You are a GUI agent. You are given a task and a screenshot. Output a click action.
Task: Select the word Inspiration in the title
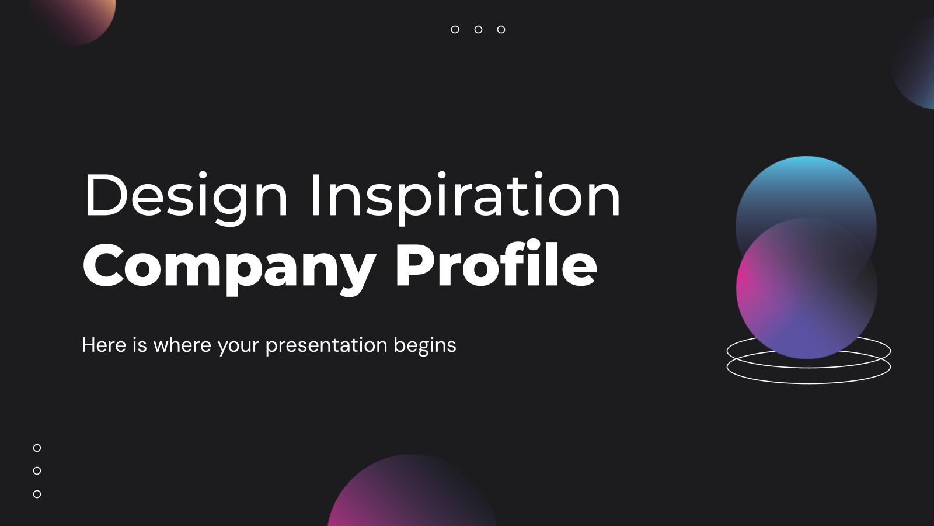tap(464, 197)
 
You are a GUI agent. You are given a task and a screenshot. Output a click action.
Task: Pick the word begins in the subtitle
tap(425, 345)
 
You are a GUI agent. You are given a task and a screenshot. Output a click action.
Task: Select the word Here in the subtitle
tap(104, 345)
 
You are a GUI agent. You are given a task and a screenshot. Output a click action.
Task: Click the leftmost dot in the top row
tap(455, 29)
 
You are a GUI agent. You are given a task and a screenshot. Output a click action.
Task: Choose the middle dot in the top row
tap(478, 29)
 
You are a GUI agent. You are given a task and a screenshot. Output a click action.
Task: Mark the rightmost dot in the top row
tap(501, 29)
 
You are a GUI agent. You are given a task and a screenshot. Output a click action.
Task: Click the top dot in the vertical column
tap(37, 448)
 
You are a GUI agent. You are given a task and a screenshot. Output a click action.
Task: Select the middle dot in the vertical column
tap(37, 470)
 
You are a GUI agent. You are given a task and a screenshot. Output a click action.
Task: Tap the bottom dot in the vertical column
tap(37, 494)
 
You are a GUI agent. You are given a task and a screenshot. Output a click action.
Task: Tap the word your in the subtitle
tap(238, 345)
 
